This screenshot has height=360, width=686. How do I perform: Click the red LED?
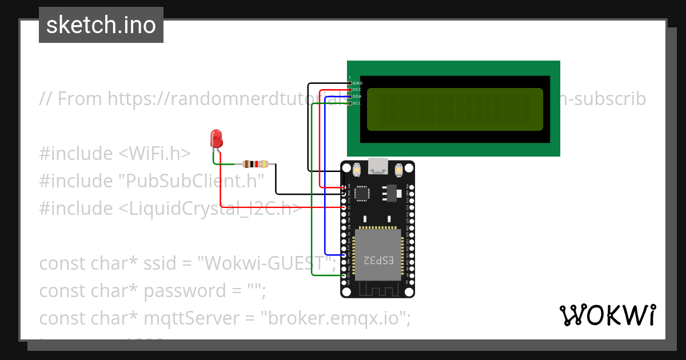pyautogui.click(x=216, y=138)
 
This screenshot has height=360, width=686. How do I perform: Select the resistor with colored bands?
pyautogui.click(x=256, y=164)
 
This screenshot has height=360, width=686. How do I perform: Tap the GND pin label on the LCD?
pyautogui.click(x=358, y=83)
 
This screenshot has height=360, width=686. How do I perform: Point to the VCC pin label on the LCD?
pyautogui.click(x=357, y=90)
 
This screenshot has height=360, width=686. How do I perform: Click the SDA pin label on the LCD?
pyautogui.click(x=357, y=97)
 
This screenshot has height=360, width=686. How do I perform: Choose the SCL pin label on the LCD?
pyautogui.click(x=357, y=103)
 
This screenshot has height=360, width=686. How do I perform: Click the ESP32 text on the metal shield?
pyautogui.click(x=379, y=260)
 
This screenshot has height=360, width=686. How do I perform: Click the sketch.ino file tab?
pyautogui.click(x=101, y=25)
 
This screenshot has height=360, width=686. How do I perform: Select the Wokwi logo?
pyautogui.click(x=607, y=315)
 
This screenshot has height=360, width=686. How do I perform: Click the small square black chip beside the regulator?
pyautogui.click(x=362, y=193)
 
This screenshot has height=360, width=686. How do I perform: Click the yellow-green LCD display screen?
pyautogui.click(x=454, y=109)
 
